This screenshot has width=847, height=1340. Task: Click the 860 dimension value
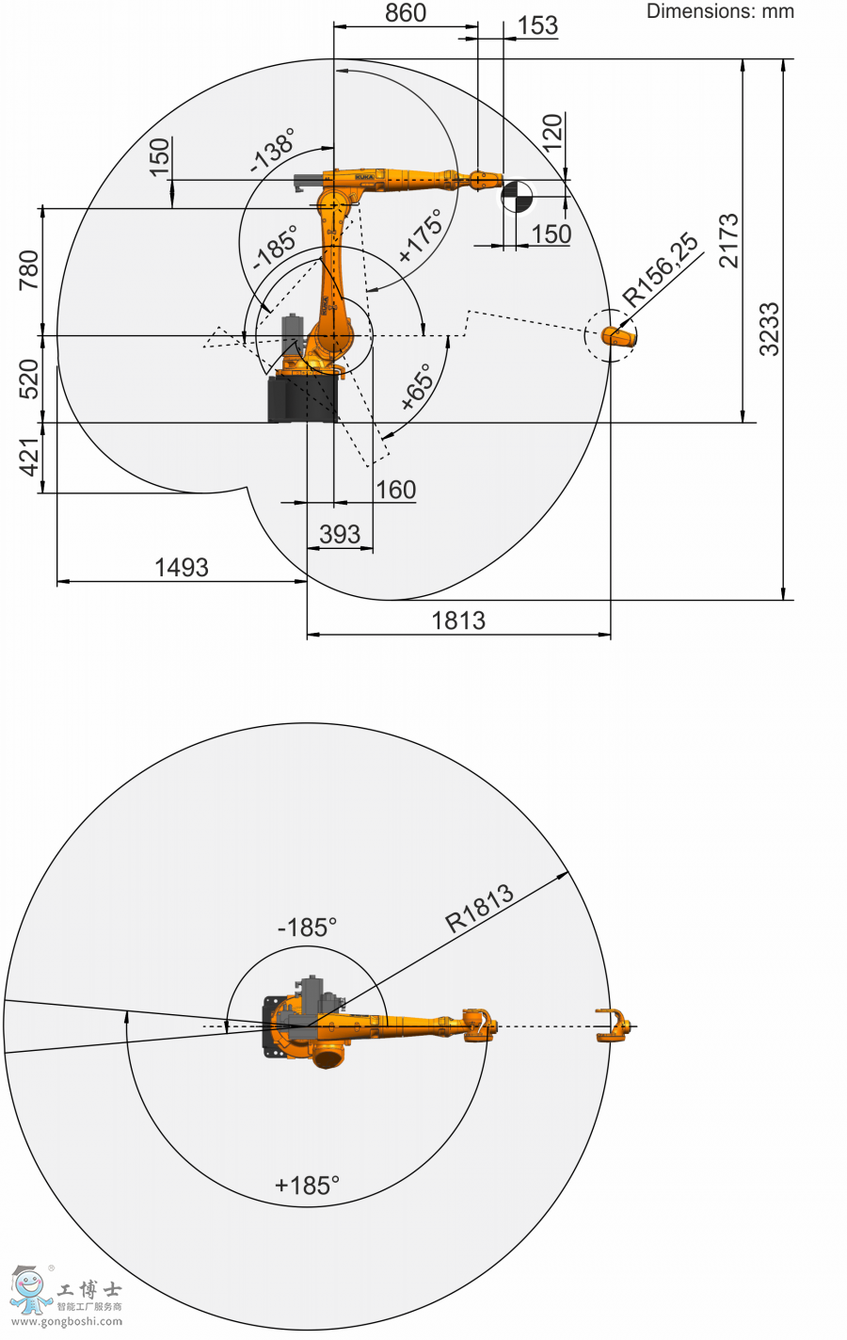[x=406, y=12]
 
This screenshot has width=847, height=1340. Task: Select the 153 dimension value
[x=537, y=25]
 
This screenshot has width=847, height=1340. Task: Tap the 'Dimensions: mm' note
[x=720, y=10]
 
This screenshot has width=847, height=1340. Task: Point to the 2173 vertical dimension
[x=728, y=240]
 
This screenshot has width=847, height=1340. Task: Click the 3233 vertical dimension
[x=769, y=329]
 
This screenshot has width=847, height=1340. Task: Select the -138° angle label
[x=273, y=150]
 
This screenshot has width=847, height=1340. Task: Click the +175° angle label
[x=421, y=235]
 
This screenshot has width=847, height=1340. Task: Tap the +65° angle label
[x=416, y=386]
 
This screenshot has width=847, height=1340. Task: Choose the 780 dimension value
[x=28, y=270]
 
